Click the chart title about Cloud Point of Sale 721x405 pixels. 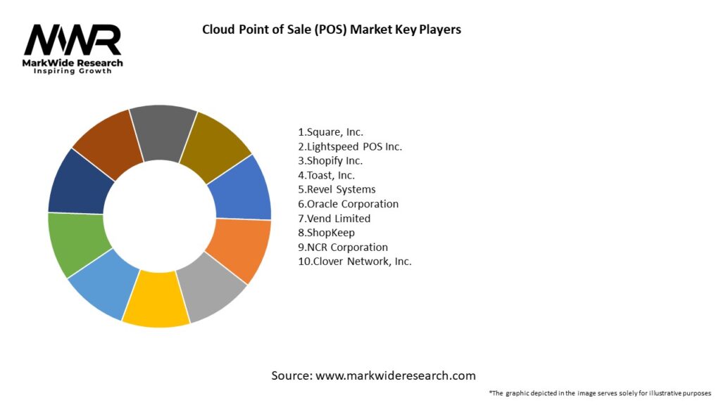coord(332,30)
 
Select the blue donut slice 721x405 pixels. coord(241,188)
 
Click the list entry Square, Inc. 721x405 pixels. coord(331,131)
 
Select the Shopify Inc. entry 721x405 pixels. coord(330,160)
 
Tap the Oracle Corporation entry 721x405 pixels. coord(349,204)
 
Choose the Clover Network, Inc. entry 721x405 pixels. coord(355,262)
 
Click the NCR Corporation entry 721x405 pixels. coord(343,247)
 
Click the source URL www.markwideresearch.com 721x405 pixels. coord(396,375)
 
